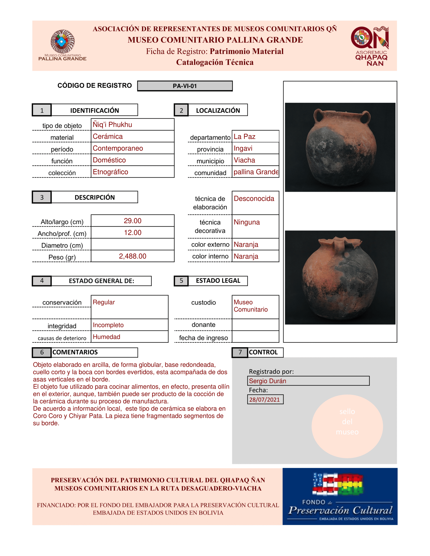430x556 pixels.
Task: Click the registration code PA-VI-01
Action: click(185, 86)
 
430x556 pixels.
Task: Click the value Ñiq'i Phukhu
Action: click(112, 124)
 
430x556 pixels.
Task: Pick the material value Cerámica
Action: click(108, 136)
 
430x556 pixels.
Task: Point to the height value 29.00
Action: click(132, 221)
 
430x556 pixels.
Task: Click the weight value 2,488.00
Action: click(132, 256)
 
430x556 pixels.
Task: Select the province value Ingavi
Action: click(243, 148)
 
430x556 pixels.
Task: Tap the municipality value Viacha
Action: click(244, 160)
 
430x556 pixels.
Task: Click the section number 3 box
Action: click(42, 197)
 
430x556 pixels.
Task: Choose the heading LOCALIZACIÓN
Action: click(218, 110)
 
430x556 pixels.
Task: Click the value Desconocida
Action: click(254, 199)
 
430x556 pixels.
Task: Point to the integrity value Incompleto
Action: click(108, 325)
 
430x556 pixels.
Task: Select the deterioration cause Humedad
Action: click(106, 337)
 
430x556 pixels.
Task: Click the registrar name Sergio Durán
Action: click(268, 381)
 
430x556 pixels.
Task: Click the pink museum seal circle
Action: click(347, 426)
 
